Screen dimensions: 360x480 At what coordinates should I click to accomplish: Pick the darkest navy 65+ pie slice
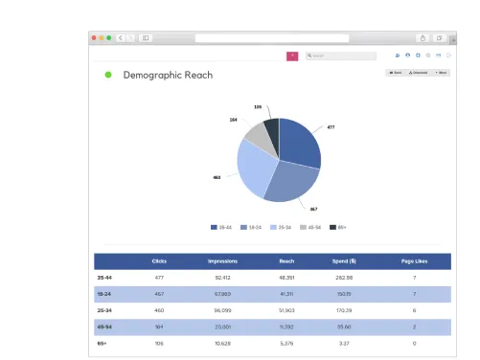[x=272, y=129]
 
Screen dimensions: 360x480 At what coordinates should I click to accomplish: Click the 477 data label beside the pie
[x=331, y=126]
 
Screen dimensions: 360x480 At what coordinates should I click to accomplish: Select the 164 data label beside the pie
[x=233, y=120]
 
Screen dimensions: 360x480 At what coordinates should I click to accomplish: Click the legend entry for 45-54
[x=309, y=227]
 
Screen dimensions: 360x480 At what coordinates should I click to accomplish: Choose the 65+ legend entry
[x=338, y=227]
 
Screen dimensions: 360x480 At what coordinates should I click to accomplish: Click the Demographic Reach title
[x=168, y=75]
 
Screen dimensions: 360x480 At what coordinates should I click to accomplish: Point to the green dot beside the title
[x=108, y=75]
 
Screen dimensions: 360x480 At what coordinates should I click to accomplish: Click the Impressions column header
[x=222, y=261]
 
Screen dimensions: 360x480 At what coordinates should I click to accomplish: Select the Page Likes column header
[x=414, y=261]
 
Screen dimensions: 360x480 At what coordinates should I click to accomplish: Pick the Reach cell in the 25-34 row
[x=286, y=310]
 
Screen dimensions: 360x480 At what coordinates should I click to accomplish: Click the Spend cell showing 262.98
[x=344, y=278]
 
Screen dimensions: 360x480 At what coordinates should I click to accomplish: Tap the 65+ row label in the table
[x=102, y=343]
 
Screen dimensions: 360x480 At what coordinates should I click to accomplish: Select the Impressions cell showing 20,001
[x=222, y=326]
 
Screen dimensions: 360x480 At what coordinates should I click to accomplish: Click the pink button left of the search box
[x=292, y=56]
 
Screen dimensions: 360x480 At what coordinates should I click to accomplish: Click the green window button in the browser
[x=109, y=37]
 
